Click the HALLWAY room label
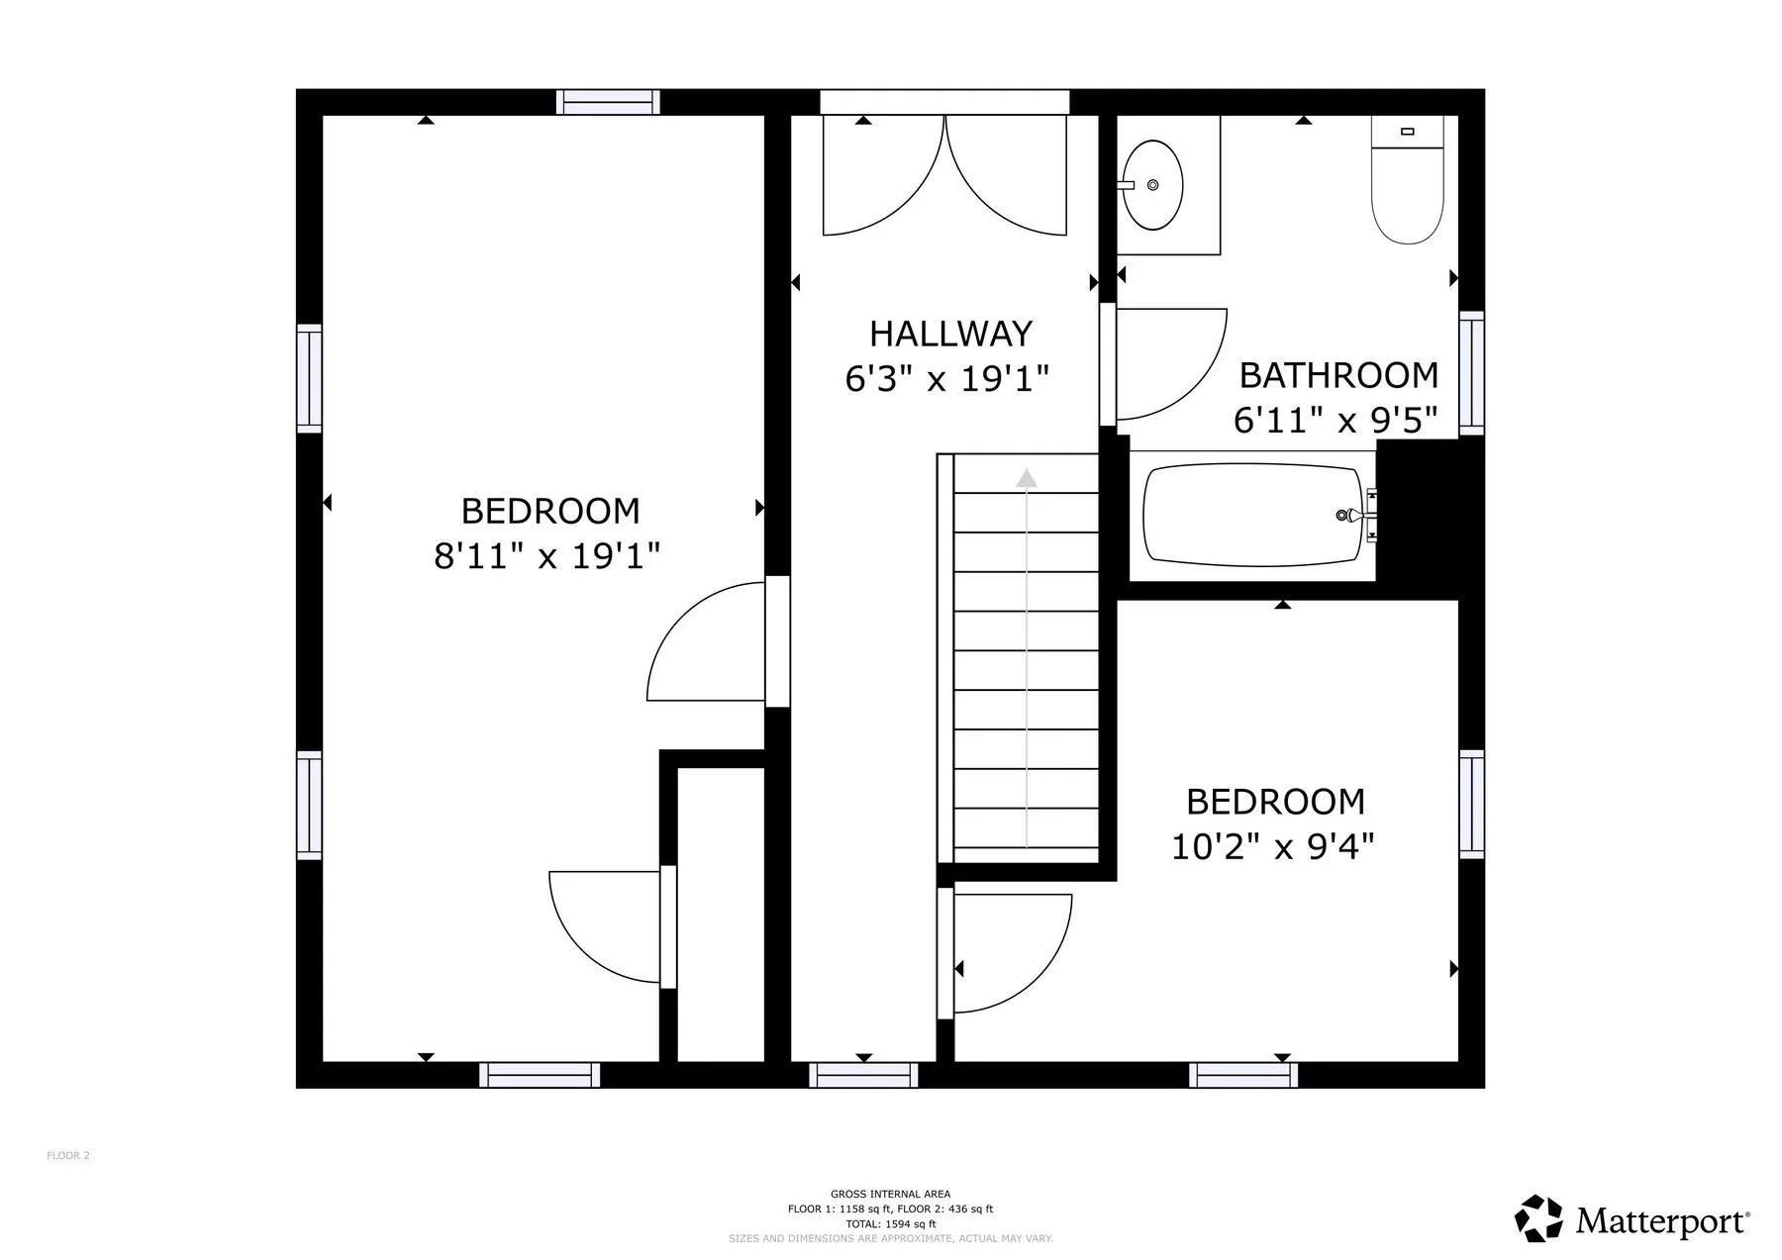point(950,334)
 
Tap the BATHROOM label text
point(1338,375)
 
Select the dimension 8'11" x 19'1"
point(546,555)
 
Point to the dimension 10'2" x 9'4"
point(1273,846)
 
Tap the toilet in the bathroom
point(1408,180)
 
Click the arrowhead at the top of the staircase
point(1027,478)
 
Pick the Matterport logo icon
point(1538,1218)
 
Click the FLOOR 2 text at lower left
point(68,1155)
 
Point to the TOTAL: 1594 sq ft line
point(890,1223)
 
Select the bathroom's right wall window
point(1471,372)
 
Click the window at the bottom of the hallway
point(863,1075)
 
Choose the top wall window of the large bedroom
point(608,102)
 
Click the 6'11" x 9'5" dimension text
point(1335,420)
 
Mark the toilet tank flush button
point(1408,131)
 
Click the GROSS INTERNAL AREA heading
point(890,1194)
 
